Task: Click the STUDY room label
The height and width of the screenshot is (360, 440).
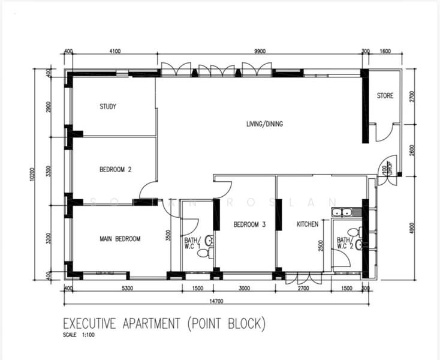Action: pos(108,107)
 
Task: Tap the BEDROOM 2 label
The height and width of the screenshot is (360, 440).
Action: pos(115,170)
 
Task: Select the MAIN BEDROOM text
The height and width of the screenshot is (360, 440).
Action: pos(120,239)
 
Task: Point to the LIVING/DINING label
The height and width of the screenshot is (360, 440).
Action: pos(264,124)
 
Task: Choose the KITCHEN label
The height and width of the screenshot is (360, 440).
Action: pos(308,224)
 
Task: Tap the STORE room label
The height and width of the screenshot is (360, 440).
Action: pos(385,95)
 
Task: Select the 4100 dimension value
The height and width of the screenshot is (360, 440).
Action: pos(115,52)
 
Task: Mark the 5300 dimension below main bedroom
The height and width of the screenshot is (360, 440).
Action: pos(126,289)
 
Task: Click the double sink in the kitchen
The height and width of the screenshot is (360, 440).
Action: pos(342,212)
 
